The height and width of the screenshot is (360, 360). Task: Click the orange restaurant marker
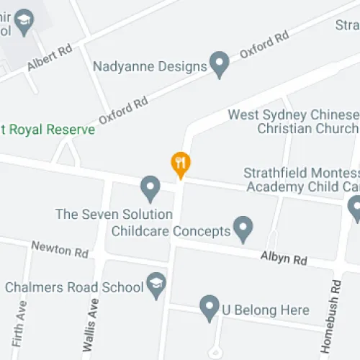(180, 164)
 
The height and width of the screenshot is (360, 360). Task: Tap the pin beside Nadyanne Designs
(219, 64)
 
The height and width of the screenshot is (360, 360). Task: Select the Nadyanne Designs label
(150, 66)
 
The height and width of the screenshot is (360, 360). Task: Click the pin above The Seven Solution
(150, 189)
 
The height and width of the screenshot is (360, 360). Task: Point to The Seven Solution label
(114, 215)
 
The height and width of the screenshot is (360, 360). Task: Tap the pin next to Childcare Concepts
(245, 230)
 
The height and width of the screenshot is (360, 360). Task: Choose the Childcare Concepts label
(171, 231)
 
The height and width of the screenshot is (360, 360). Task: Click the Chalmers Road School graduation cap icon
(156, 285)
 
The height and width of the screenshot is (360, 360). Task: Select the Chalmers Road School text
(75, 287)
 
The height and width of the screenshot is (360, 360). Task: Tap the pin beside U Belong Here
(210, 308)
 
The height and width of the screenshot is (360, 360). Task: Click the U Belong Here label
(266, 311)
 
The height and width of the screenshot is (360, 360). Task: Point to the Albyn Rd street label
(284, 258)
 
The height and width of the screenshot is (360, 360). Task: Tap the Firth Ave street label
(19, 324)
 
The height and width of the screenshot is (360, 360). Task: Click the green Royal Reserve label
(48, 130)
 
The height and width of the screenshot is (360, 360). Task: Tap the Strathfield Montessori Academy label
(302, 180)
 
